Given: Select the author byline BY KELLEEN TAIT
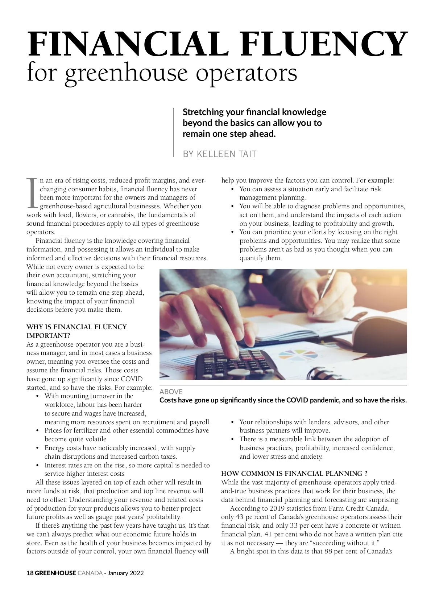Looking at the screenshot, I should [219, 154].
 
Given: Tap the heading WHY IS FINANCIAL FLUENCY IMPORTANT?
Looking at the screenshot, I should [76, 331].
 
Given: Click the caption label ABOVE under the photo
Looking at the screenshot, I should [171, 392].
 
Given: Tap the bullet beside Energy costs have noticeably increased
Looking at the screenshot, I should [37, 448].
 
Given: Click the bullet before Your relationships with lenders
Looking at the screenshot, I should [232, 422].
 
